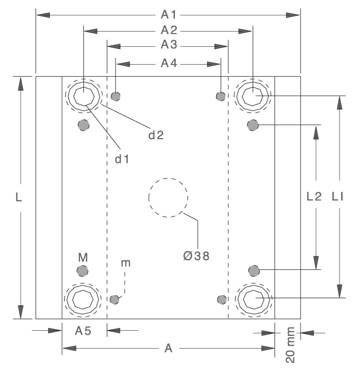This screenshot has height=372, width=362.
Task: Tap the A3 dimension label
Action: pos(168,45)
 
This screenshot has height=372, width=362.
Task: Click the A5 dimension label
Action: pos(83,331)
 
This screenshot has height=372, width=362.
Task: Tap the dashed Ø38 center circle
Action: pos(168,197)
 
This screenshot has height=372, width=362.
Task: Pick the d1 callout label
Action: pos(121,159)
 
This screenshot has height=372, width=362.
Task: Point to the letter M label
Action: pos(82,256)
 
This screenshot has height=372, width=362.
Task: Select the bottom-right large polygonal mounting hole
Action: pos(253,299)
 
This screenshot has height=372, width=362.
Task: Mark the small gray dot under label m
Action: pos(115,299)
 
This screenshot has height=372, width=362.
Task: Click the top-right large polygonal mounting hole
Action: pos(252,95)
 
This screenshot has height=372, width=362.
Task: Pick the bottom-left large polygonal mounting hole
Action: pos(83,299)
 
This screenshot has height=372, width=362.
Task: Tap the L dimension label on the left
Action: pos(19,198)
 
